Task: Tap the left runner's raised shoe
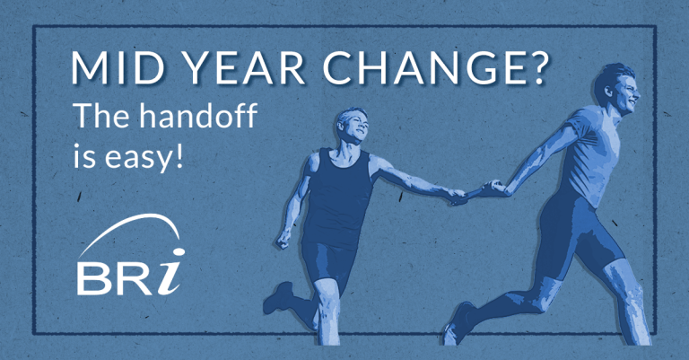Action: coord(280,295)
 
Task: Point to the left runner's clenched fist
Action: coord(285,241)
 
